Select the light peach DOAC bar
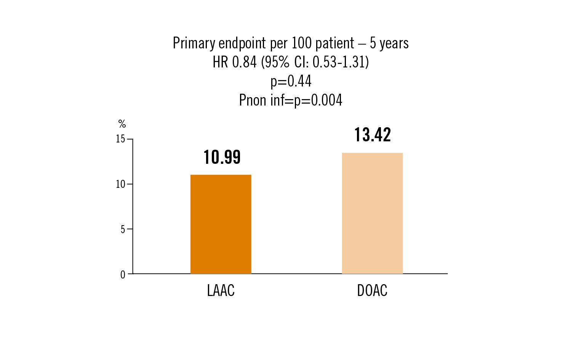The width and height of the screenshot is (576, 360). point(372,213)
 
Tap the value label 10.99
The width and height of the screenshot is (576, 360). point(222,157)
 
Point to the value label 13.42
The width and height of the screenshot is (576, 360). point(373,135)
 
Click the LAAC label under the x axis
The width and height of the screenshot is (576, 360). point(221,291)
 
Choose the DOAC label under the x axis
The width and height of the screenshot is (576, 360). point(372,291)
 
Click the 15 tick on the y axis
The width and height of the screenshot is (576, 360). point(121,139)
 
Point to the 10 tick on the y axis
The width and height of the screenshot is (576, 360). point(121,184)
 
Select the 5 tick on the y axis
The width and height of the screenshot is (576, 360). point(123,229)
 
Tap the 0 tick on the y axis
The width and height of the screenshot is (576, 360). point(123,275)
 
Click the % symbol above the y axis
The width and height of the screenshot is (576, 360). point(122,124)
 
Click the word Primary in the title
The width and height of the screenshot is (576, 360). point(194,43)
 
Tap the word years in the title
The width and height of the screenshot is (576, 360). point(394,43)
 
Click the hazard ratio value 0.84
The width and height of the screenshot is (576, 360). point(244,62)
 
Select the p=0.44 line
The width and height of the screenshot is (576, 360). point(291,81)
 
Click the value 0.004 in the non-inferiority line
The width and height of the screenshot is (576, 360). point(326,100)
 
